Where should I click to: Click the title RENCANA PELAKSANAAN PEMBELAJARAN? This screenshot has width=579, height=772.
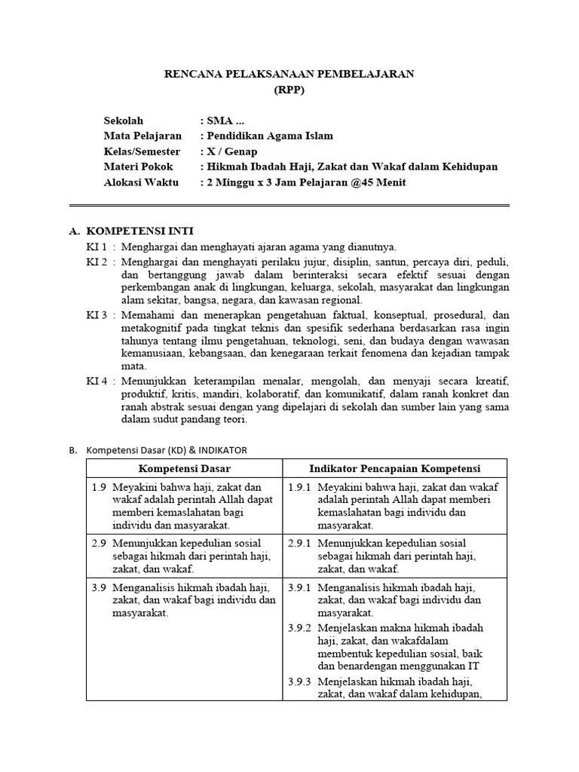click(x=289, y=74)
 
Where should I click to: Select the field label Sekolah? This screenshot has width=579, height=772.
click(x=124, y=121)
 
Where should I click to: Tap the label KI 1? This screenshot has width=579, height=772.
click(x=96, y=247)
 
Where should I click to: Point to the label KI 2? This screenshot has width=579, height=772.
click(x=96, y=262)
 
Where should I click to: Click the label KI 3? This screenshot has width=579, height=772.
click(x=96, y=314)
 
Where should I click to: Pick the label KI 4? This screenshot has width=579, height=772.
click(x=96, y=381)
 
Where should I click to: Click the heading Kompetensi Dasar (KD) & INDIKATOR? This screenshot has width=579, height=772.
click(x=167, y=450)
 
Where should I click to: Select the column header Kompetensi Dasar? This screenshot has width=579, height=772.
click(x=183, y=469)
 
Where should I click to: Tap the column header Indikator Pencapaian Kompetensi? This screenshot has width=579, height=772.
click(x=395, y=469)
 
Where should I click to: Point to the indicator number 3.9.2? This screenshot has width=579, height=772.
click(x=300, y=627)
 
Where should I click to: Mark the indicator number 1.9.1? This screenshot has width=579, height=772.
click(x=300, y=486)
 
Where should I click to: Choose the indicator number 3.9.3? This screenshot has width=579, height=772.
click(x=300, y=682)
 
